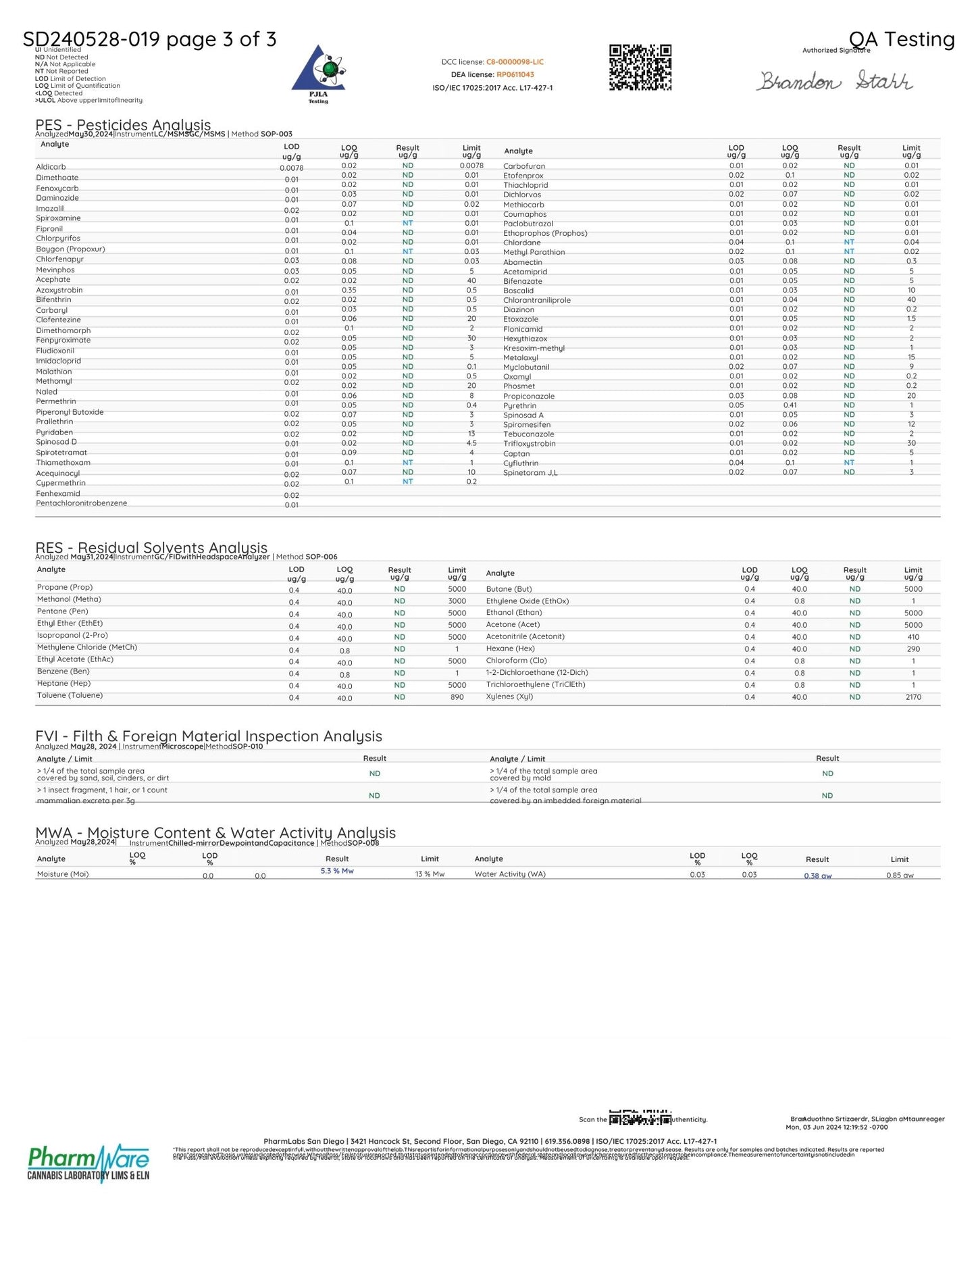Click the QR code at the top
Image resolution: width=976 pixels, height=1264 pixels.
(640, 68)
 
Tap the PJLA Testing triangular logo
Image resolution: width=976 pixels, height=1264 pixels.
(318, 71)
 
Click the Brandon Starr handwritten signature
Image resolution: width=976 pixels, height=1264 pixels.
(834, 81)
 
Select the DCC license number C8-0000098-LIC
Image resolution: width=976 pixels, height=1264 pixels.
(515, 62)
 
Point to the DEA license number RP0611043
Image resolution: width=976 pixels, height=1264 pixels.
(515, 75)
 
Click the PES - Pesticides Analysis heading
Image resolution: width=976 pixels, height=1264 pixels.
(123, 125)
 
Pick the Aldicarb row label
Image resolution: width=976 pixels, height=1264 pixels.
(51, 167)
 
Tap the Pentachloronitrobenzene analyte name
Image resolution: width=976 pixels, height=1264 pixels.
(82, 503)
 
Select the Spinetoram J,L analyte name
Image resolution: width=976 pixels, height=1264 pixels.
(530, 473)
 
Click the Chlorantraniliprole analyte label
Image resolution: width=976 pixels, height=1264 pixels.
(537, 300)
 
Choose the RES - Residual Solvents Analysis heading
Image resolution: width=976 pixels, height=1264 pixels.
(151, 548)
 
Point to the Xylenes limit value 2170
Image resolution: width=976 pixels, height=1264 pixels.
(913, 697)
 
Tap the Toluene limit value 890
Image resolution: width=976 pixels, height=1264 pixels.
(457, 697)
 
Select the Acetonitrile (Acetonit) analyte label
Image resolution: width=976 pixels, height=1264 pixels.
(525, 636)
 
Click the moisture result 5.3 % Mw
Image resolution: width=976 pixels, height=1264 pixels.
(337, 871)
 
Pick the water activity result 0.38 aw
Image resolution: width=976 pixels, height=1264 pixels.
(817, 876)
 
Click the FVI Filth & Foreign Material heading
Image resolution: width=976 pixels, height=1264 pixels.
(209, 736)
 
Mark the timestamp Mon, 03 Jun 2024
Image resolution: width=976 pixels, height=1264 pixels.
(836, 1127)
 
